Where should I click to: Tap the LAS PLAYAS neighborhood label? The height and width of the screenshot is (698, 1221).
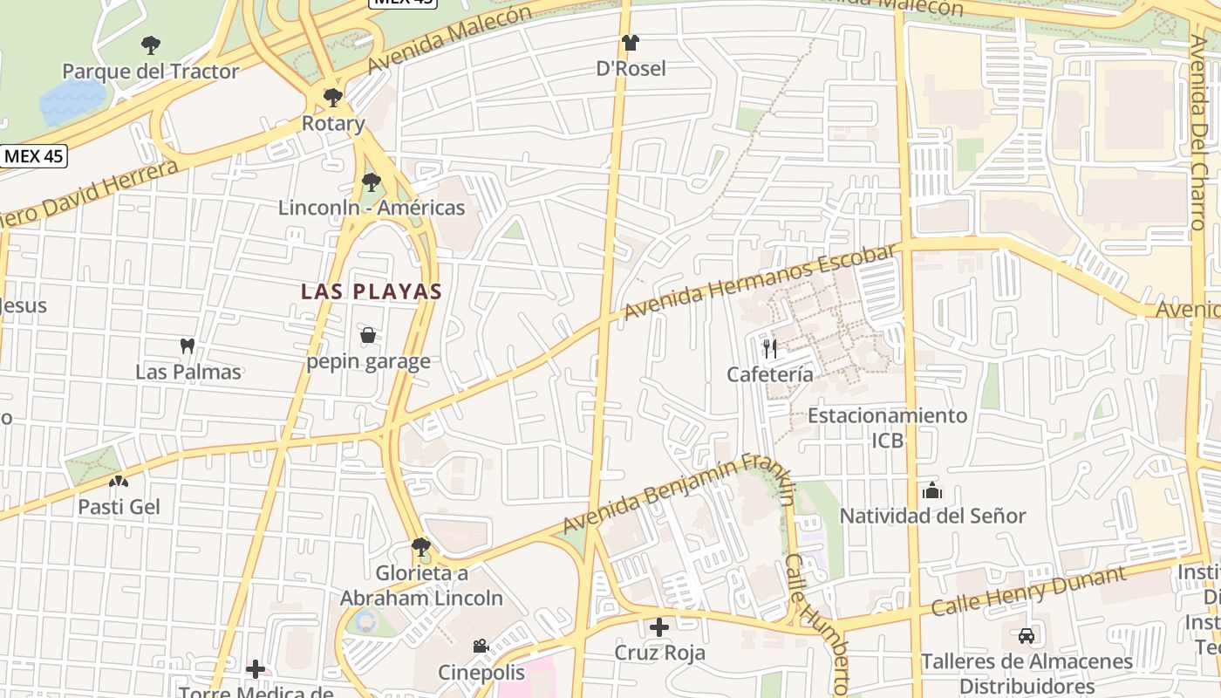372,291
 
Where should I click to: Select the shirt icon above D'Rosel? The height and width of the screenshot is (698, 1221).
631,42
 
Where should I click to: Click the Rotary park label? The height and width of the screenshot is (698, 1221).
333,124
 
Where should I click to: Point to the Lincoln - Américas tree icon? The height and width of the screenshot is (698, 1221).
372,182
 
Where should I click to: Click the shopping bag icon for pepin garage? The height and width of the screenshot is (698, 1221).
368,335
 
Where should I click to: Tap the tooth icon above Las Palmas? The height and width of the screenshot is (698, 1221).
187,346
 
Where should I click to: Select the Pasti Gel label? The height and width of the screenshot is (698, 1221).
119,507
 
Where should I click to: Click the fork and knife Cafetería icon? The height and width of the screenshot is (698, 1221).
769,349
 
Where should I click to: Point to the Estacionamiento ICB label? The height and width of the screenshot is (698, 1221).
887,428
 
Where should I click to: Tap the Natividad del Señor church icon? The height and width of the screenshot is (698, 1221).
931,490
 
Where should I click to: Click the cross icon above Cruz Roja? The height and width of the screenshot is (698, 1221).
659,626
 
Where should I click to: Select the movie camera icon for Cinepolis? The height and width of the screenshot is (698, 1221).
481,647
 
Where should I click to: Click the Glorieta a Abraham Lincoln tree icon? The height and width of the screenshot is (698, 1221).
421,547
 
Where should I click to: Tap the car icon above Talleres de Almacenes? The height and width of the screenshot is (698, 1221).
1027,635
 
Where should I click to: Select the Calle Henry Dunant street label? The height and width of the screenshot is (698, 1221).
1029,591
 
